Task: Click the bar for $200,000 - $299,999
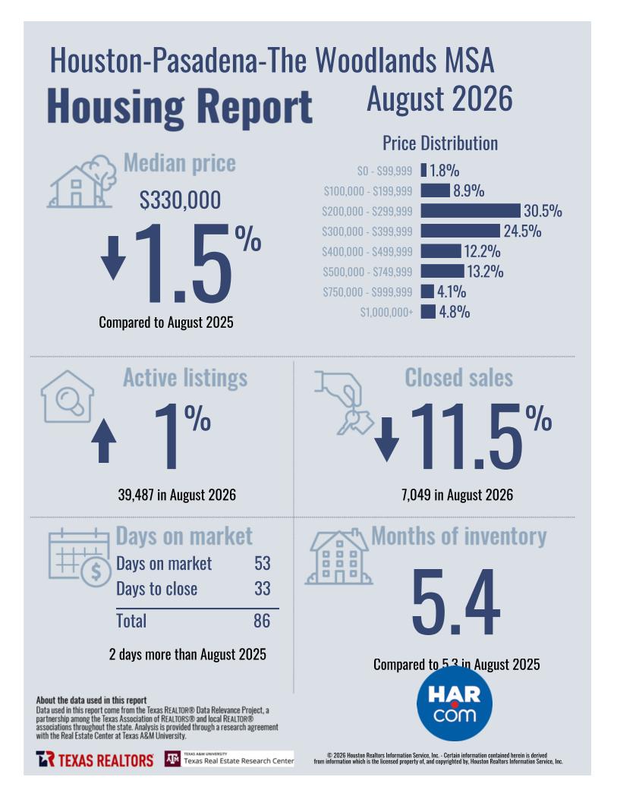(471, 210)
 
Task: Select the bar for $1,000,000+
(428, 311)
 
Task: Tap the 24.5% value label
(522, 231)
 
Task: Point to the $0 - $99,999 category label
(384, 171)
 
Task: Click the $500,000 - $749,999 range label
(367, 272)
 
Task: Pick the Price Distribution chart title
(440, 143)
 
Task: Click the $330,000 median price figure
(181, 200)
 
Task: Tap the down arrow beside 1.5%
(113, 257)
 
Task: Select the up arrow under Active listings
(103, 440)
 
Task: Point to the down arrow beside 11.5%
(387, 439)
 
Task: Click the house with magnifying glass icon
(68, 396)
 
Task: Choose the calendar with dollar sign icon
(80, 558)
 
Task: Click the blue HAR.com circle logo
(455, 703)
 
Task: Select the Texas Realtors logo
(95, 760)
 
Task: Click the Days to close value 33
(263, 589)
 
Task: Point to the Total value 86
(262, 621)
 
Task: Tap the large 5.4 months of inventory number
(455, 602)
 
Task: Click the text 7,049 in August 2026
(457, 495)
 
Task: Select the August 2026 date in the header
(439, 99)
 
